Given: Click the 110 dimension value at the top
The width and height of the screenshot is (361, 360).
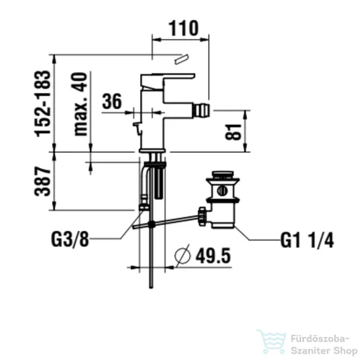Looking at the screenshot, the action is (x=183, y=28).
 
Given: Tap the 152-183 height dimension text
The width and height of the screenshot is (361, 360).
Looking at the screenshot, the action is (x=43, y=103).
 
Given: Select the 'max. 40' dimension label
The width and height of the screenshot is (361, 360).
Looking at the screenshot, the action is (x=80, y=104).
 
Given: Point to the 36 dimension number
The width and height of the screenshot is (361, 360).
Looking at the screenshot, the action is (x=112, y=101).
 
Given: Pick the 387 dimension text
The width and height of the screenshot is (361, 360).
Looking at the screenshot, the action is (x=43, y=181).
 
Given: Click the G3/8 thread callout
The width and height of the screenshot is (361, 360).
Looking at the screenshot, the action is (x=70, y=239).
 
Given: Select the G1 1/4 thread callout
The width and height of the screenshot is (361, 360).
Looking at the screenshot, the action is (x=307, y=240).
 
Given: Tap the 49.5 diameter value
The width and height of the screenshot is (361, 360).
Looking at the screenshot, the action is (x=213, y=255).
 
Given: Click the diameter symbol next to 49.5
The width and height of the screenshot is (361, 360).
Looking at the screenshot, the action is (x=183, y=255).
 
